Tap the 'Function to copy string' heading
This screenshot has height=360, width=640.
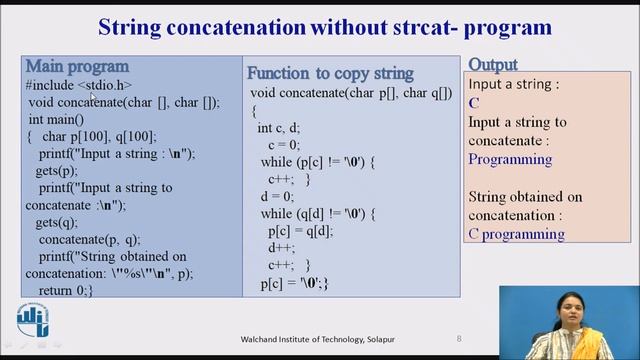(330, 73)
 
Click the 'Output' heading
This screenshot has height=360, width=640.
(492, 66)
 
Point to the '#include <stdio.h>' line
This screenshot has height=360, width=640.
(79, 85)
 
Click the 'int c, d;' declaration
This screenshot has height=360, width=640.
(287, 128)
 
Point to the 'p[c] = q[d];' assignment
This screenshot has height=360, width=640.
(304, 231)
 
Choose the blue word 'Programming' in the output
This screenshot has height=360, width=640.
(510, 159)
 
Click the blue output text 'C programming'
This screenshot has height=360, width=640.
(516, 234)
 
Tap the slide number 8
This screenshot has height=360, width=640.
(459, 338)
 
